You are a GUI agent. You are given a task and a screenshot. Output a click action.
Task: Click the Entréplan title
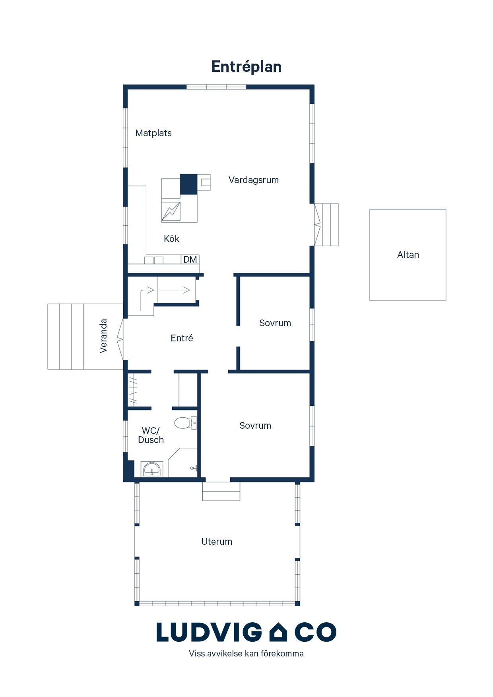pyautogui.click(x=246, y=67)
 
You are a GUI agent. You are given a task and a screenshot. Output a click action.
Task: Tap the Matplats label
pyautogui.click(x=153, y=133)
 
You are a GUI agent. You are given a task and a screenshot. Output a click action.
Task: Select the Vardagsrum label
pyautogui.click(x=254, y=180)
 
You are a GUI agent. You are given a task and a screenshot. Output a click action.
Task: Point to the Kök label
pyautogui.click(x=171, y=239)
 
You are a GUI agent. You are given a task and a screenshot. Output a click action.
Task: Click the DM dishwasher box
pyautogui.click(x=190, y=259)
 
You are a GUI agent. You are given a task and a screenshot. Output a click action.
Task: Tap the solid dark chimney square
pyautogui.click(x=189, y=184)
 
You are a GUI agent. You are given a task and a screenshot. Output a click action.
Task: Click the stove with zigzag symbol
pyautogui.click(x=171, y=212)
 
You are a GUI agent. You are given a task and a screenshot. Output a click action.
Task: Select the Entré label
pyautogui.click(x=182, y=338)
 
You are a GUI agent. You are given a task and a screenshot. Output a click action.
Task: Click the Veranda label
pyautogui.click(x=104, y=336)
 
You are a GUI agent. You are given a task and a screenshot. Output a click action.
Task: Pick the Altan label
pyautogui.click(x=408, y=255)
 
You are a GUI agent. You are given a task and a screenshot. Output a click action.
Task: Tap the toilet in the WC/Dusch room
pyautogui.click(x=186, y=423)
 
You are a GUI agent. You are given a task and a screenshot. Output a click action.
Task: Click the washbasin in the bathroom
pyautogui.click(x=152, y=469)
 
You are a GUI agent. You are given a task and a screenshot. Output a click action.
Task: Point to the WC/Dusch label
pyautogui.click(x=151, y=435)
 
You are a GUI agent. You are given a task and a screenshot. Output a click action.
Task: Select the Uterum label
pyautogui.click(x=217, y=542)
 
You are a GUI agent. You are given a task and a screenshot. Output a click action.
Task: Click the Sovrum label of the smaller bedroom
pyautogui.click(x=275, y=323)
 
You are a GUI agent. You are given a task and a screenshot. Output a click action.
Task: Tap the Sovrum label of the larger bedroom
pyautogui.click(x=255, y=426)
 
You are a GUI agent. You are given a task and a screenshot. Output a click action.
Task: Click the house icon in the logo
pyautogui.click(x=278, y=632)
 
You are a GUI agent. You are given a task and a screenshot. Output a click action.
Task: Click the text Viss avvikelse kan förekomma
pyautogui.click(x=246, y=654)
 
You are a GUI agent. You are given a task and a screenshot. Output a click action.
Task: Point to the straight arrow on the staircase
pyautogui.click(x=175, y=290)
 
